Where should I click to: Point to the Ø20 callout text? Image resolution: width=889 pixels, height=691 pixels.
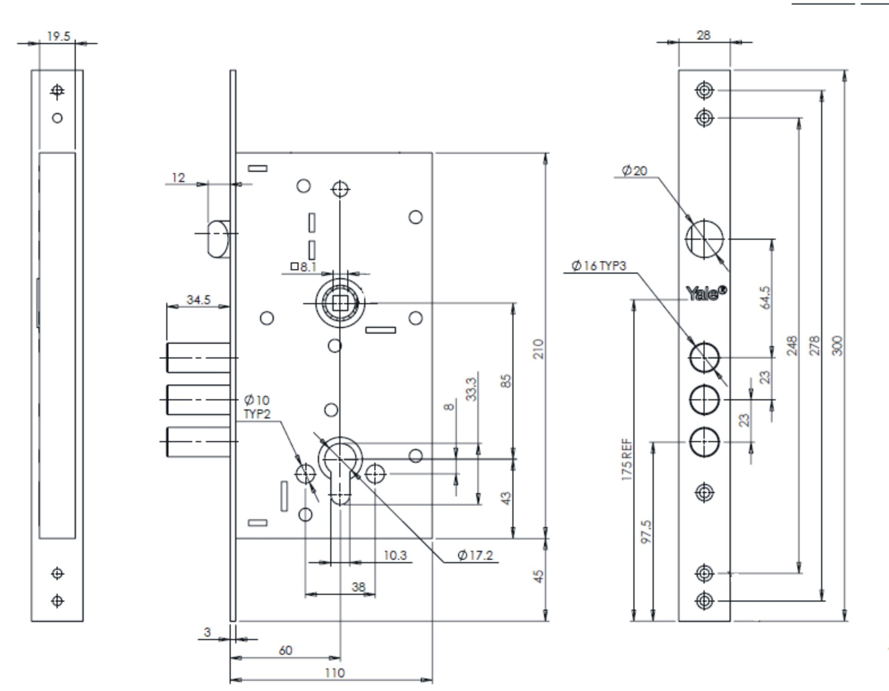point(635,170)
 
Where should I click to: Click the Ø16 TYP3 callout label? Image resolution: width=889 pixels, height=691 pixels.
point(599,266)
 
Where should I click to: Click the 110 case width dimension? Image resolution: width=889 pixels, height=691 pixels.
point(335,673)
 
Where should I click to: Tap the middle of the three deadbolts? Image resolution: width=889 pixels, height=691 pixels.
point(198,400)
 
